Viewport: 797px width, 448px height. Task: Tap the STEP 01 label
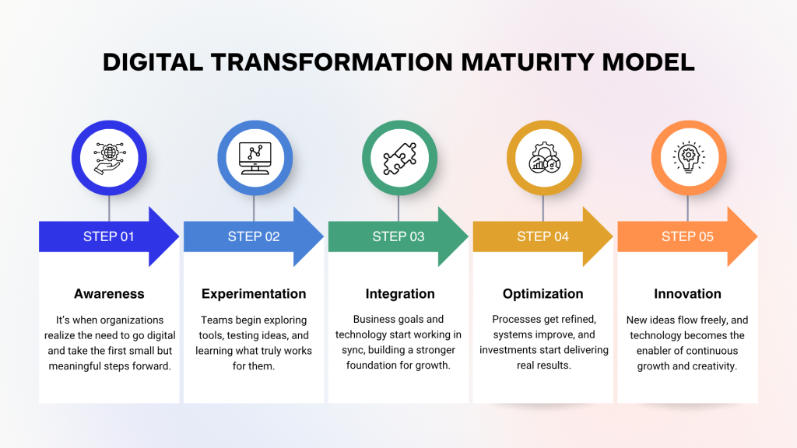point(109,236)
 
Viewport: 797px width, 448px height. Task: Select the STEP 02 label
point(254,236)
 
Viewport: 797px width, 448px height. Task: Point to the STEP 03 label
point(398,236)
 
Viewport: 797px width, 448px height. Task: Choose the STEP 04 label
point(543,236)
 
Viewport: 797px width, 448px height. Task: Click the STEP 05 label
point(687,236)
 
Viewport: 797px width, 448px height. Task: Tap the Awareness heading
point(109,294)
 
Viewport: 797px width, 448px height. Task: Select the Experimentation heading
point(254,294)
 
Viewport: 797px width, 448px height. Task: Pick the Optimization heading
point(543,294)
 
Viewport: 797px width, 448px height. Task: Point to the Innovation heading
point(687,294)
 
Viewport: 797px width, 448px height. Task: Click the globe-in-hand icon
point(109,158)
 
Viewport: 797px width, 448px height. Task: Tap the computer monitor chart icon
point(254,158)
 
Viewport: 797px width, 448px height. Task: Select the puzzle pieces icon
point(398,158)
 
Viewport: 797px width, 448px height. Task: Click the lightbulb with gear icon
point(688,158)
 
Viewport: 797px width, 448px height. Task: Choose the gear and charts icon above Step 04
point(543,158)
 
